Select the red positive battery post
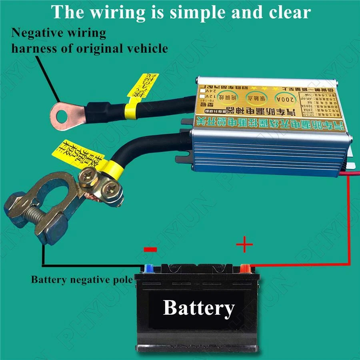pyautogui.click(x=245, y=267)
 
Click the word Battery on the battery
pyautogui.click(x=199, y=308)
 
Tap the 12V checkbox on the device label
pyautogui.click(x=202, y=97)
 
